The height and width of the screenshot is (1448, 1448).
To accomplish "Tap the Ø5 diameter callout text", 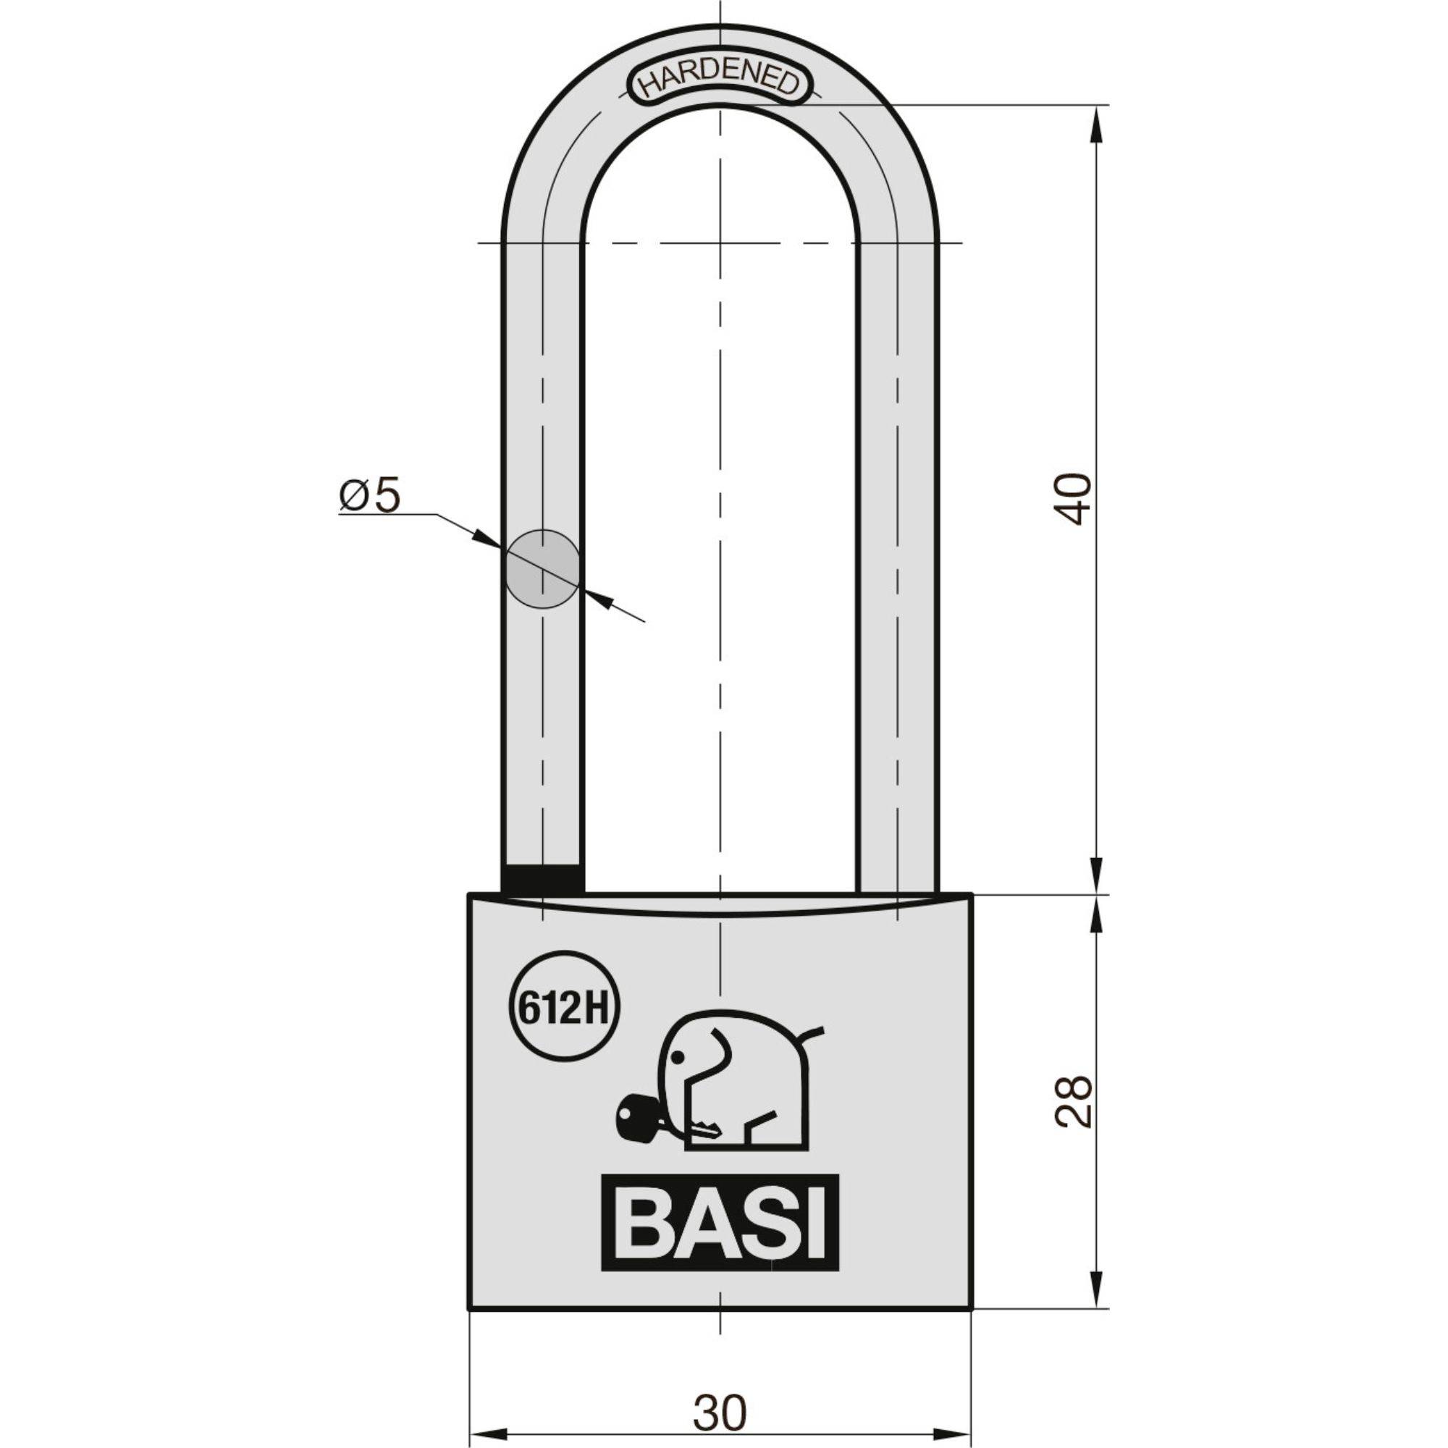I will (x=370, y=495).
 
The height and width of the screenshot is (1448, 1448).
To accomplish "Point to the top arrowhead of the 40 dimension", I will (x=1098, y=120).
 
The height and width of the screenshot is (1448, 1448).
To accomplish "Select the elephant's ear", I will (x=716, y=1061).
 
